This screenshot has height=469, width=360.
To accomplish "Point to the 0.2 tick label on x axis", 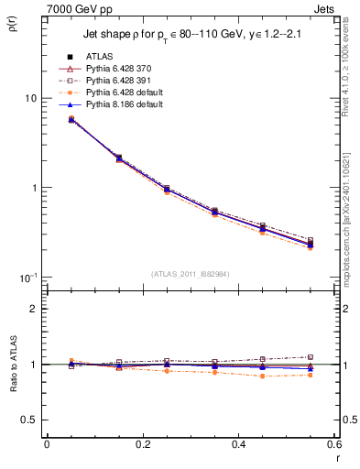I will (142, 445).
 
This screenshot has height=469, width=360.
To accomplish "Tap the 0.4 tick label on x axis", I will (239, 445).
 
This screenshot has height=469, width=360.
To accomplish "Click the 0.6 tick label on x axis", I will (335, 445).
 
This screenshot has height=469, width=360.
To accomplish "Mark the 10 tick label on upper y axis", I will (29, 99).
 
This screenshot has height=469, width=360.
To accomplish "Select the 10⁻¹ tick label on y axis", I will (27, 278).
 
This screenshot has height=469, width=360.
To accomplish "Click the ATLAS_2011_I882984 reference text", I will (190, 274).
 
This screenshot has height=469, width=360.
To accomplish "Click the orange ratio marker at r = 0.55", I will (311, 375).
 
